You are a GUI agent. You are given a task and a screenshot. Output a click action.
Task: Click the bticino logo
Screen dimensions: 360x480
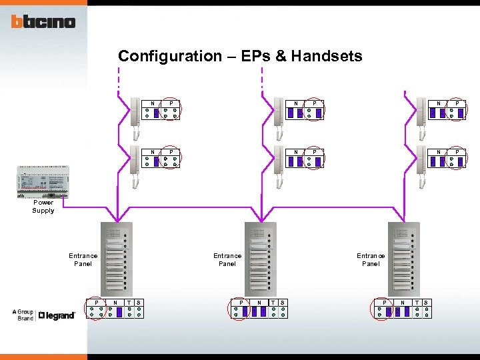43,22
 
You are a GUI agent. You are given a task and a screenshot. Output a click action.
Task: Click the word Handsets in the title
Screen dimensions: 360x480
327,56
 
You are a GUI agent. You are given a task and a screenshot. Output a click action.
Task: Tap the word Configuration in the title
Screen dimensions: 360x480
167,56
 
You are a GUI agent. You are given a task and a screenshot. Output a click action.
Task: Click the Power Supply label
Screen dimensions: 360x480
43,207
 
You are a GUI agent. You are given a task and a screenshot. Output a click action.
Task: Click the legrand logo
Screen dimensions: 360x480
57,315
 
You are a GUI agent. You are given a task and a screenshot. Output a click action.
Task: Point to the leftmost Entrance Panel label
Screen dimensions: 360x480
83,259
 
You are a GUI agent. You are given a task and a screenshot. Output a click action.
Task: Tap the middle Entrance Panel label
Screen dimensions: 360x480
227,259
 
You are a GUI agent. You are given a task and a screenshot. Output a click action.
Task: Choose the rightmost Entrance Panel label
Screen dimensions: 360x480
371,259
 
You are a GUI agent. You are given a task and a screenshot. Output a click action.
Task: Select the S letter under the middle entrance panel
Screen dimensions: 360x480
283,303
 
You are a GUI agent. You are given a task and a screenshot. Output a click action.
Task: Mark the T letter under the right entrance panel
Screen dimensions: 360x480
417,303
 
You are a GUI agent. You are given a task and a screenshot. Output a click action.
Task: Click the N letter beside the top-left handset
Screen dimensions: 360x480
153,103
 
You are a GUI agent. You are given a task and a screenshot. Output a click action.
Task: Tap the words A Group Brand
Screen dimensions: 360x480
25,315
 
